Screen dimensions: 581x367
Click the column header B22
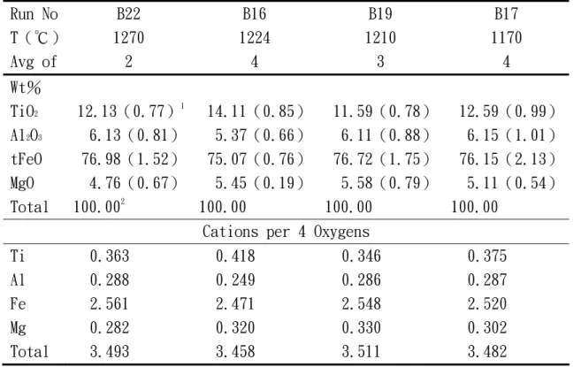pyautogui.click(x=128, y=14)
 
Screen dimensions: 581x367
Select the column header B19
pyautogui.click(x=380, y=14)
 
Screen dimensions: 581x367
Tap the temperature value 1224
pyautogui.click(x=255, y=38)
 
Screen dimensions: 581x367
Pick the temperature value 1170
pyautogui.click(x=507, y=38)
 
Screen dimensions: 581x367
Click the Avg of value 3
pyautogui.click(x=380, y=62)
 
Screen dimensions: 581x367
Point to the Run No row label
pyautogui.click(x=34, y=14)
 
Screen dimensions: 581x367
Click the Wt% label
pyautogui.click(x=26, y=88)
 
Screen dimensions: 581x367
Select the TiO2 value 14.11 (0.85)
pyautogui.click(x=256, y=111)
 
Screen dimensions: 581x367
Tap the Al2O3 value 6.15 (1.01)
pyautogui.click(x=511, y=135)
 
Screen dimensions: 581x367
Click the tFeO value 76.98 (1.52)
pyautogui.click(x=130, y=159)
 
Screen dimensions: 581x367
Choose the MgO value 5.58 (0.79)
pyautogui.click(x=386, y=183)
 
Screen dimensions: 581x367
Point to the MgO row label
pyautogui.click(x=22, y=184)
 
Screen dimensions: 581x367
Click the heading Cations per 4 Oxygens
pyautogui.click(x=286, y=232)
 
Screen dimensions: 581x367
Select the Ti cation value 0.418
pyautogui.click(x=235, y=256)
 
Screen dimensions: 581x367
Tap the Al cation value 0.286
pyautogui.click(x=362, y=279)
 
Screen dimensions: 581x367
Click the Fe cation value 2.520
pyautogui.click(x=487, y=303)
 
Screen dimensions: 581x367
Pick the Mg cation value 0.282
pyautogui.click(x=110, y=328)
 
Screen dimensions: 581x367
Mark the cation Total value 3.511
pyautogui.click(x=362, y=351)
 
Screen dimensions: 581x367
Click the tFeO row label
pyautogui.click(x=27, y=159)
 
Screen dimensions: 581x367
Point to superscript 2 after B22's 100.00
pyautogui.click(x=123, y=202)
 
